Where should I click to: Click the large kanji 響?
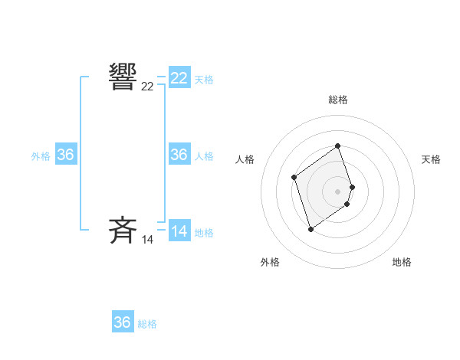click(123, 78)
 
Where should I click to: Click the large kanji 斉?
click(123, 231)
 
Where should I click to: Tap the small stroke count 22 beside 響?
click(147, 87)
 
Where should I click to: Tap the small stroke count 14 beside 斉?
click(147, 240)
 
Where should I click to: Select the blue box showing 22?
click(179, 78)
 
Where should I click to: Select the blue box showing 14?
click(179, 231)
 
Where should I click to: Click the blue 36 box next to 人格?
click(179, 155)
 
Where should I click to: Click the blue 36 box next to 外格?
click(66, 155)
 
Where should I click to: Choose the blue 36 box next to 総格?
click(123, 322)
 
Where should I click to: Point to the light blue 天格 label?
click(204, 80)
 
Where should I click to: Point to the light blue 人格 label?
click(204, 156)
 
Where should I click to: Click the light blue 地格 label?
click(204, 233)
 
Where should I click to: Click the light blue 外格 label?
click(41, 156)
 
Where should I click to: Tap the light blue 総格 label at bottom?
click(147, 324)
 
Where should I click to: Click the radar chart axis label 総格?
click(338, 100)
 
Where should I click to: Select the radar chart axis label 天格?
click(432, 159)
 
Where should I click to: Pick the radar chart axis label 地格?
click(402, 262)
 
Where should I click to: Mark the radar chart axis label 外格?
click(270, 262)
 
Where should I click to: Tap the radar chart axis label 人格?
click(245, 159)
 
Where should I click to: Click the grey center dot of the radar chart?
click(338, 191)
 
